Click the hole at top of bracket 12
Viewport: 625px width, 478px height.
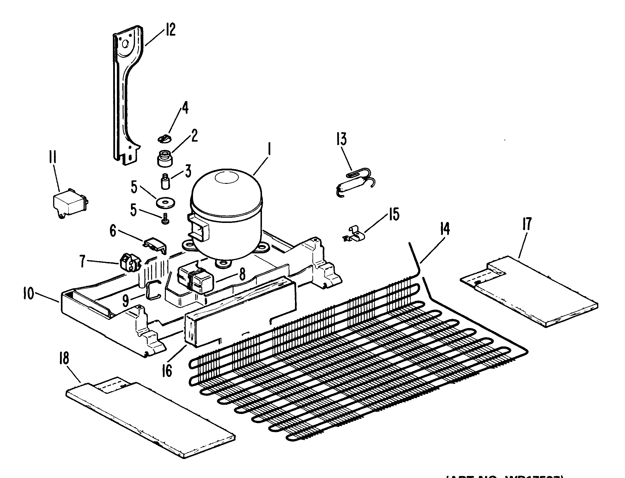(125, 44)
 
